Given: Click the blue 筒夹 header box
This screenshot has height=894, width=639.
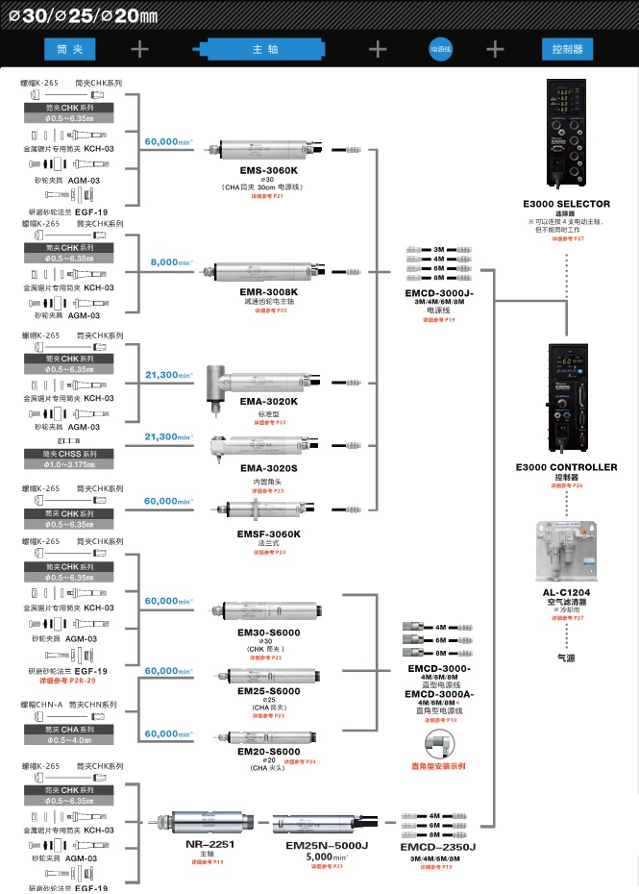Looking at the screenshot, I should (70, 48).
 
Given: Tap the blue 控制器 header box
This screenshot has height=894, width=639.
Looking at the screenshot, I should (566, 48).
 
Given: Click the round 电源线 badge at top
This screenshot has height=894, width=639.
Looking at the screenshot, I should (441, 48).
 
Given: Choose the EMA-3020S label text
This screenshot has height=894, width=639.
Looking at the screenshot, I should (269, 468).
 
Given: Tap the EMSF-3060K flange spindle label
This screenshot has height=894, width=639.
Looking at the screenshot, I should (269, 534).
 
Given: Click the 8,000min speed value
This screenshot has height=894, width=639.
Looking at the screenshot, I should (170, 261).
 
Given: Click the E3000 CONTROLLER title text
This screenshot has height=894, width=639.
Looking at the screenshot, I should (566, 467).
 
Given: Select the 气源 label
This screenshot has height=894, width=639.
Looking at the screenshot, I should (566, 659).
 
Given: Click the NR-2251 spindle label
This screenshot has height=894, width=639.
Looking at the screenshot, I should (209, 843).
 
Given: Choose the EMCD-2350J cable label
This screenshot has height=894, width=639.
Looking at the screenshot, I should (437, 846).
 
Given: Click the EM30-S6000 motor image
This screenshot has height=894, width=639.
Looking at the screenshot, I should (259, 608).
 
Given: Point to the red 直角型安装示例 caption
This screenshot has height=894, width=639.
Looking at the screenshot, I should (437, 766).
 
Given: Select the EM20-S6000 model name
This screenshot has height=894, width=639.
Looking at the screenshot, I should (269, 751).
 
